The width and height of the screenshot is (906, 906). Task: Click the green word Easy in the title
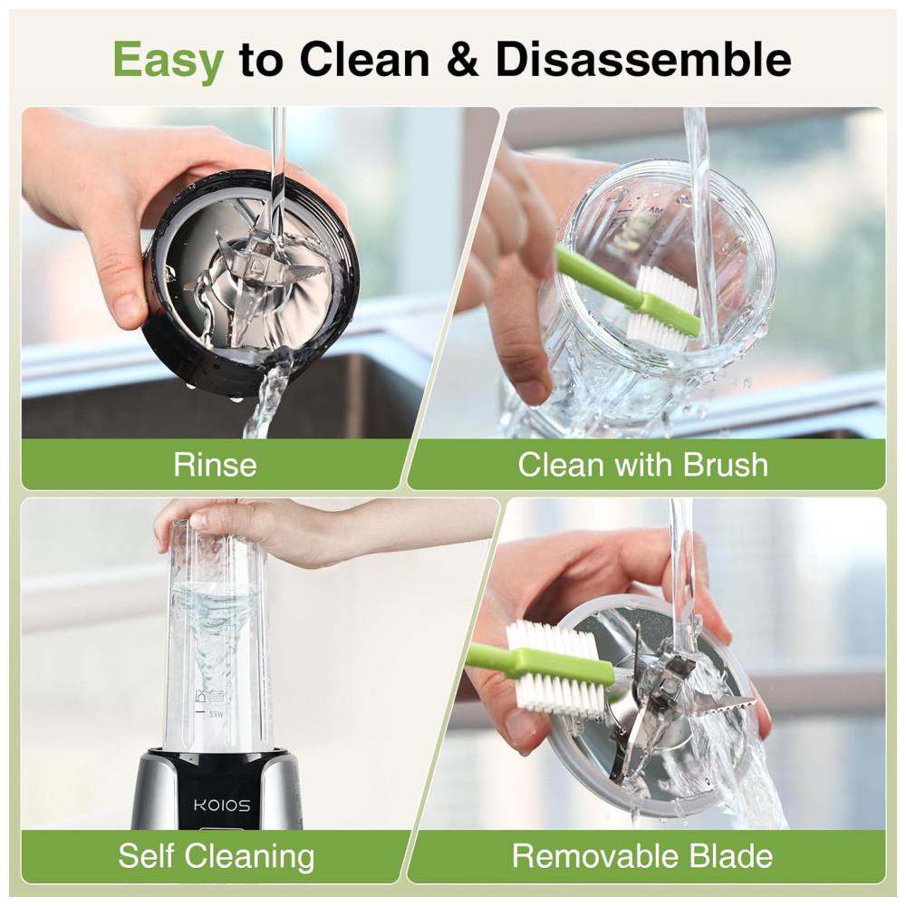click(169, 60)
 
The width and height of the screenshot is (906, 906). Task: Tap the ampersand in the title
click(462, 60)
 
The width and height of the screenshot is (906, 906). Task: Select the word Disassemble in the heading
click(643, 60)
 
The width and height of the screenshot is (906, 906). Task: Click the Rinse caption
click(215, 465)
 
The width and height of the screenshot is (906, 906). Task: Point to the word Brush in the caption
click(726, 465)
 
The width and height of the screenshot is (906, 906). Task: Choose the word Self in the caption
click(145, 856)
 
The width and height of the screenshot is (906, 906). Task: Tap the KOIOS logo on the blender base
click(222, 805)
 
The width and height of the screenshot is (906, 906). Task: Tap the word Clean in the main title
click(364, 60)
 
